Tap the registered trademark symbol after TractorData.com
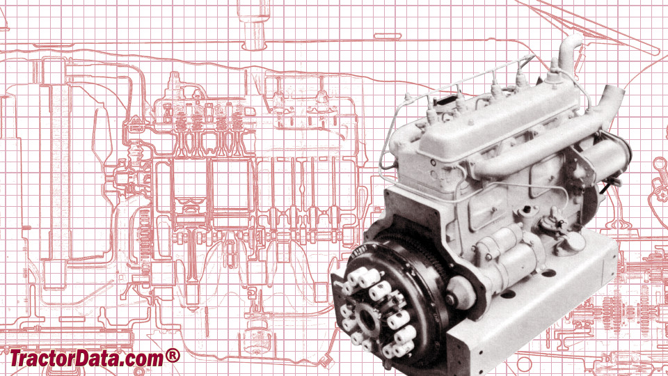[x=173, y=356]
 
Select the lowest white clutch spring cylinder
[x=390, y=351]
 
